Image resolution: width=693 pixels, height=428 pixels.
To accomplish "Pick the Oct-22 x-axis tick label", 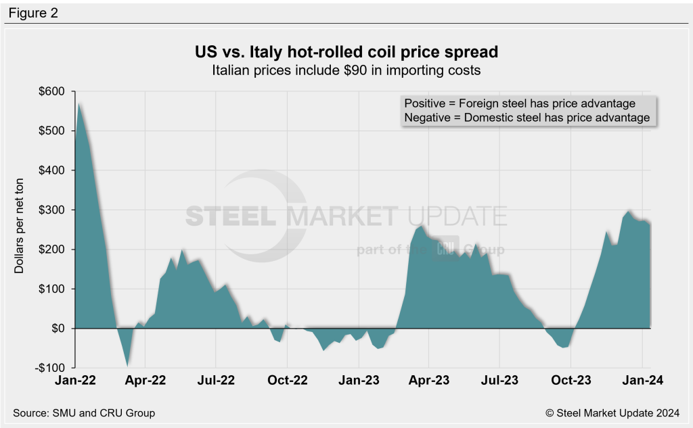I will (287, 380).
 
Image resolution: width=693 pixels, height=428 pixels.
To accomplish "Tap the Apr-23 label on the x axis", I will (429, 380).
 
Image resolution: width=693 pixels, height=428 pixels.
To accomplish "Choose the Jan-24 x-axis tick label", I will (640, 380).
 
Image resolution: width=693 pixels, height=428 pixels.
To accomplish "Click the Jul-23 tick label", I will (499, 380).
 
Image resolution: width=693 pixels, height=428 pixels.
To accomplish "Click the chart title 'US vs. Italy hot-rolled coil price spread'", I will (346, 52).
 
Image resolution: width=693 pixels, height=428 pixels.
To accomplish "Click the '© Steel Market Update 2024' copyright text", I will (613, 412).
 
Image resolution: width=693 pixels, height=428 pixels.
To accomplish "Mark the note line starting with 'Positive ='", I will (520, 103).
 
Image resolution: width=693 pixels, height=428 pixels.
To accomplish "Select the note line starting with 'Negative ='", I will (527, 118).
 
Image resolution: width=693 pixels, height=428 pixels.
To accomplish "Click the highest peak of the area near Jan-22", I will (80, 103).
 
